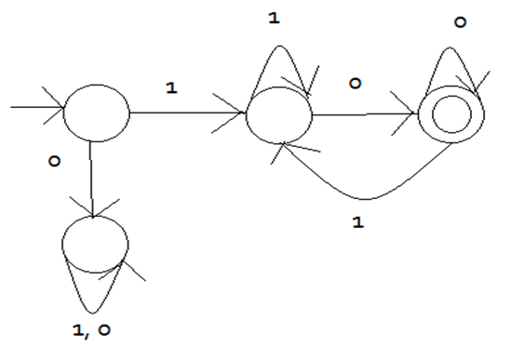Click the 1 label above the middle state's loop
tap(274, 18)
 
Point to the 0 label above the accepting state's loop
tap(460, 22)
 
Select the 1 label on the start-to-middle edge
tap(171, 87)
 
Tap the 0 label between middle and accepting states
tap(356, 84)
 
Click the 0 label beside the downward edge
tap(54, 161)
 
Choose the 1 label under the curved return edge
tap(357, 222)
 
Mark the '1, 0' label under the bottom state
tap(91, 330)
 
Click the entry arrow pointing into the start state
tap(37, 107)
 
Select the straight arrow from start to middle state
tap(187, 113)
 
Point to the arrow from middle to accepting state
tap(363, 114)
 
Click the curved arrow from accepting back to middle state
tap(366, 199)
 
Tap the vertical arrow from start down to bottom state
tap(91, 180)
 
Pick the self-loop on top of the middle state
tap(279, 46)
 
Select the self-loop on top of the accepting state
tap(450, 47)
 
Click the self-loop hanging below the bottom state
tap(92, 313)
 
